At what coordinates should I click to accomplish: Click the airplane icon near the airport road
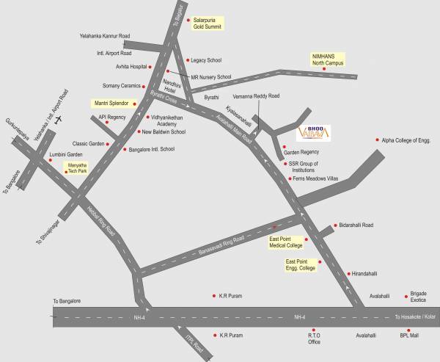[59, 118]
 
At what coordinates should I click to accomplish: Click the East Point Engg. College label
[301, 264]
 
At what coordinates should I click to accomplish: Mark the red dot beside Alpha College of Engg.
[378, 139]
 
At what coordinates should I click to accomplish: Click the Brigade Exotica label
[418, 295]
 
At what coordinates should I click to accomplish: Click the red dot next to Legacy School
[186, 60]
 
